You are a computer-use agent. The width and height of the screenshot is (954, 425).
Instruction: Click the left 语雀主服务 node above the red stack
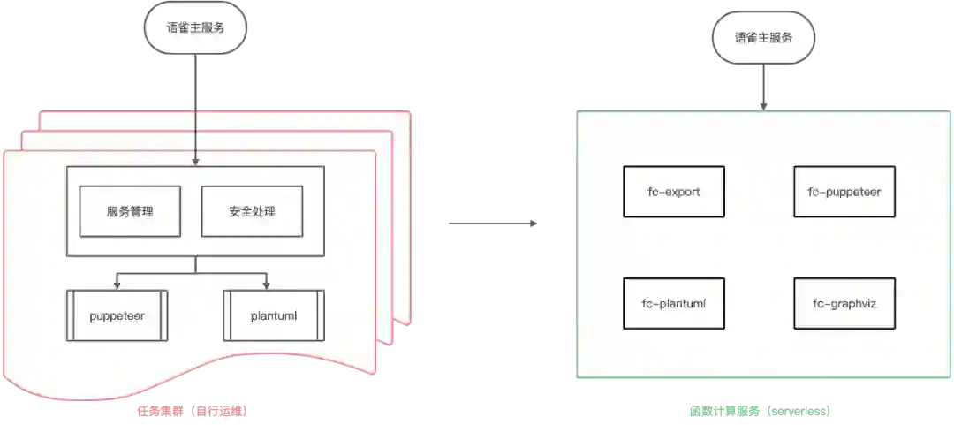[195, 27]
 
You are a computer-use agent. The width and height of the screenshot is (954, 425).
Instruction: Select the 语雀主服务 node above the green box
[763, 38]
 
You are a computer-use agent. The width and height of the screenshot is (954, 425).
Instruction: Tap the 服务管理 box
[130, 211]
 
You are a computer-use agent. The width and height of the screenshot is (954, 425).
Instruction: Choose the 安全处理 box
[252, 211]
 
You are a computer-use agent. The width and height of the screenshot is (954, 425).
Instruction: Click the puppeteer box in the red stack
[117, 315]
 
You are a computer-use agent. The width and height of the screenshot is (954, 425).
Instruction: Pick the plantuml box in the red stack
[274, 315]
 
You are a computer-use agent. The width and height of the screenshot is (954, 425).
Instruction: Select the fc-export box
[674, 191]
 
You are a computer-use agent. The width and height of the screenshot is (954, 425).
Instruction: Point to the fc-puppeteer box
[844, 191]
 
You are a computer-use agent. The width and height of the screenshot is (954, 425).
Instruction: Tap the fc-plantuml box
[674, 303]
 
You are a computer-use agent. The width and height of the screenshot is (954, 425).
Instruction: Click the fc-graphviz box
[844, 303]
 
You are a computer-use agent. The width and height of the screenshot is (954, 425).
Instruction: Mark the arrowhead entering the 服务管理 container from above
[195, 162]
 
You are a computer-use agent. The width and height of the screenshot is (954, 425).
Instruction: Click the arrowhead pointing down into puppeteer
[117, 285]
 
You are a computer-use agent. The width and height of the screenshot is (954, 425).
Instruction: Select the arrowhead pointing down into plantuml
[266, 285]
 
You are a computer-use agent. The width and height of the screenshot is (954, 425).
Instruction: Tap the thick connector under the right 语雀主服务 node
[763, 87]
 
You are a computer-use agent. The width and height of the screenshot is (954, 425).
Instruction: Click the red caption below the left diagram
[191, 410]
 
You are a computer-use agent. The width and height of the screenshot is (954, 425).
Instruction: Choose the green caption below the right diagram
[759, 410]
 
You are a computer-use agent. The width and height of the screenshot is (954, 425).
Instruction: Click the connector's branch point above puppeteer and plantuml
[195, 273]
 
